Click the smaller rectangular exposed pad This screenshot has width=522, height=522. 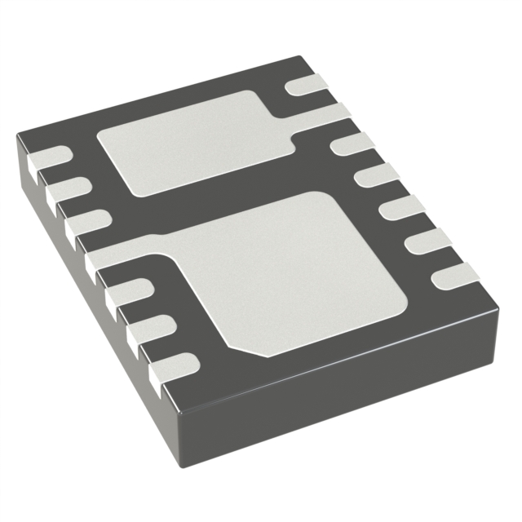(x=192, y=142)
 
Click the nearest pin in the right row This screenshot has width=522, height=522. (x=456, y=275)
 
